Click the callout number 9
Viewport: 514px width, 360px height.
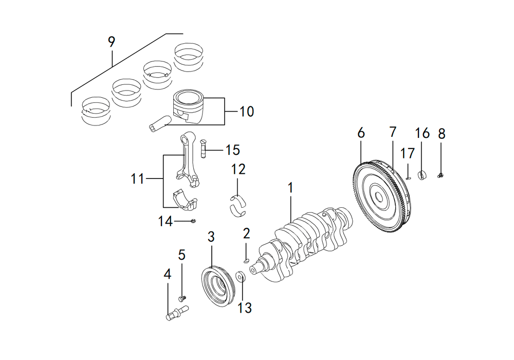pos(112,42)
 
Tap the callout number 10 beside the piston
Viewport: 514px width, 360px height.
pos(247,112)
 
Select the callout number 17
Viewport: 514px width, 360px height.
pos(408,153)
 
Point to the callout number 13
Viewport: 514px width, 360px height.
pos(245,308)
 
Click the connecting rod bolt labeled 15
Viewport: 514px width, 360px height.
pos(203,149)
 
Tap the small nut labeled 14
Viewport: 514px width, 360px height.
pos(193,221)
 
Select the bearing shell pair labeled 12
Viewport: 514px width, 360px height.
pos(238,206)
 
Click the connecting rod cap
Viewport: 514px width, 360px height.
pos(185,199)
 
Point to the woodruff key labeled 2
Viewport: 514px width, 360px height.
pos(247,260)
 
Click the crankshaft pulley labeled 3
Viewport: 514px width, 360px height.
pos(217,287)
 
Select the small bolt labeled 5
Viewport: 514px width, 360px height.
pos(182,298)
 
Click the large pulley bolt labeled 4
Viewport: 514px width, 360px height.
pos(177,313)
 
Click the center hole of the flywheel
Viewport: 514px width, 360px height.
pos(379,197)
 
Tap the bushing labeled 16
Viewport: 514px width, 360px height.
pos(423,175)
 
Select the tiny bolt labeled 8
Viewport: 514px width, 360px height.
pos(440,176)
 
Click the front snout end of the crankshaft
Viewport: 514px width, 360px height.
pos(253,270)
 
